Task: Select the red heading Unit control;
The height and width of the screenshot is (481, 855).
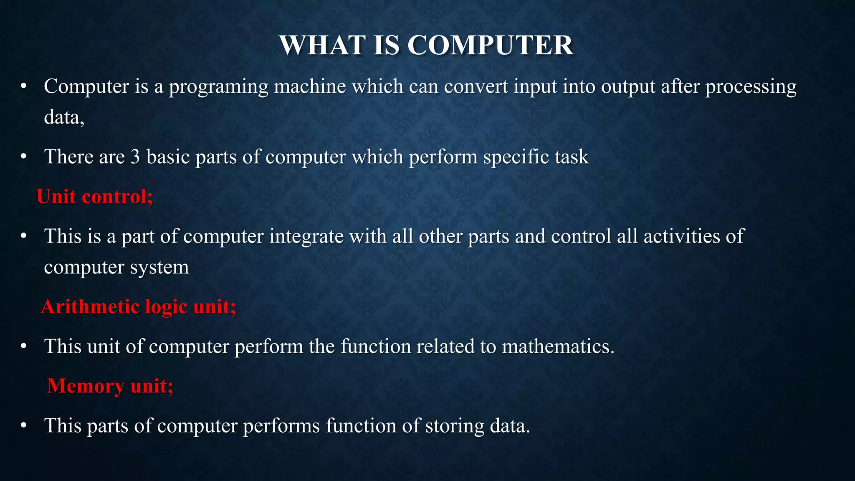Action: tap(95, 196)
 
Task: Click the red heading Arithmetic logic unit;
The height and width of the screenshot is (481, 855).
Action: tap(138, 306)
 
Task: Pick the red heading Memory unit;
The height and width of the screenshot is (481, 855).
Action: tap(110, 385)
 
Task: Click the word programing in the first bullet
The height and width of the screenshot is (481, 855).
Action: tap(218, 87)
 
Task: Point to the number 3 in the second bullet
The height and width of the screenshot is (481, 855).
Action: tap(135, 157)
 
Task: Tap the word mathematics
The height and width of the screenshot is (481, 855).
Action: tap(558, 347)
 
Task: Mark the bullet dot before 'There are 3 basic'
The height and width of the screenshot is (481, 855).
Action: tap(24, 157)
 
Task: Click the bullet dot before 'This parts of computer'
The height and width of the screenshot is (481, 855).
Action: tap(24, 426)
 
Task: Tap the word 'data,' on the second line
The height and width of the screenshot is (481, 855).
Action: tap(64, 117)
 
